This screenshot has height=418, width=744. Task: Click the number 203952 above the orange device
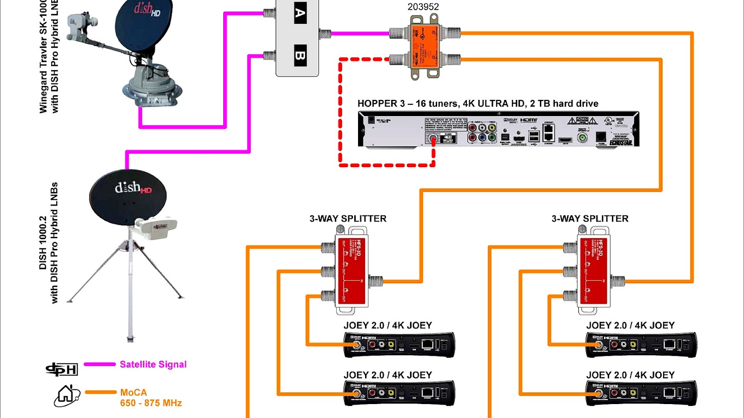423,7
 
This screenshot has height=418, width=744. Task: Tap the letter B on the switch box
300,56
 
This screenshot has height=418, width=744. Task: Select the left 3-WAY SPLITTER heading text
348,219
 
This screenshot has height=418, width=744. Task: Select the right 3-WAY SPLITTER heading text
590,219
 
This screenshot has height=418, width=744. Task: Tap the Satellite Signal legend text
153,365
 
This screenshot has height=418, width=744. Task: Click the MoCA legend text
133,392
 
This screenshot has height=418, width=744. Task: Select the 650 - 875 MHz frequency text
151,403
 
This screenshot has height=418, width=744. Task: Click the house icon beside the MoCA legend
66,396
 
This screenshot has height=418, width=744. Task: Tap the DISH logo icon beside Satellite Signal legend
62,369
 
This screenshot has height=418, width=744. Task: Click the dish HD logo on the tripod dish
133,188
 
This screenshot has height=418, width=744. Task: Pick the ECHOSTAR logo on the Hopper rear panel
621,143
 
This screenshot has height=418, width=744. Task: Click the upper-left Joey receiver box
399,345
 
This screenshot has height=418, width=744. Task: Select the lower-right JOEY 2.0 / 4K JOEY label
630,375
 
